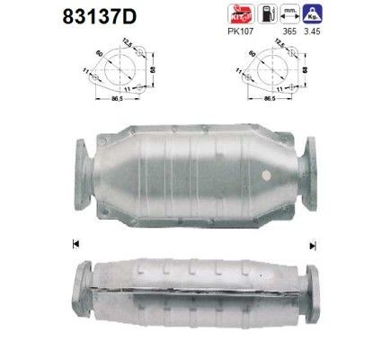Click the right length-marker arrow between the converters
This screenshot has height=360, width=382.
(314, 242)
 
